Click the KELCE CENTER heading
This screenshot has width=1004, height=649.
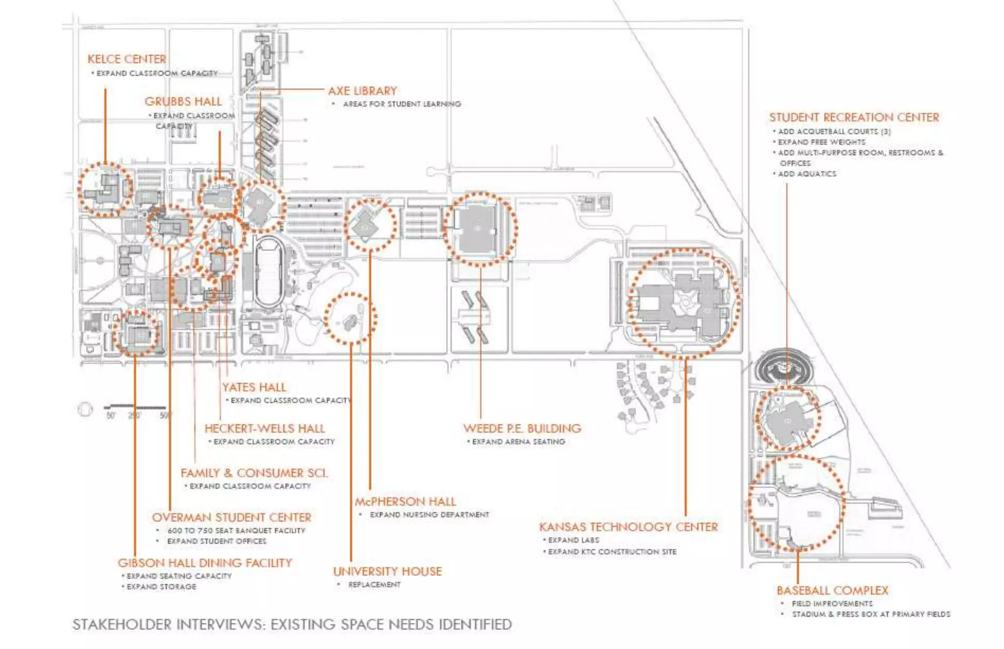coord(126,59)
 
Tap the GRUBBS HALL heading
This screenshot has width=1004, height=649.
coord(183,102)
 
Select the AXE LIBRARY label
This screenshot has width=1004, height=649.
coord(362,91)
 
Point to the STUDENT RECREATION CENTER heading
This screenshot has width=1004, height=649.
coord(853,118)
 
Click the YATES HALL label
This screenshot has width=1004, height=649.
coord(254,387)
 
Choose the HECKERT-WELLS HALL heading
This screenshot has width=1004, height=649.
coord(265,429)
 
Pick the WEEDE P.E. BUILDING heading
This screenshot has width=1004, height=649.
coord(522,429)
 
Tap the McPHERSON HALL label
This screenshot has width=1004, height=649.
coord(405,502)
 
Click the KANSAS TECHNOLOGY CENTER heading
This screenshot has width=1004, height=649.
coord(628,527)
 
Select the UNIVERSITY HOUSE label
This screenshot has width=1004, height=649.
coord(387,572)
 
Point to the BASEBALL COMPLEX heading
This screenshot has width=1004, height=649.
coord(832,591)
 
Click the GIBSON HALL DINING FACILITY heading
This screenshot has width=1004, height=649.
coord(204,563)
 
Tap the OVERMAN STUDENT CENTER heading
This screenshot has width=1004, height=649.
coord(231,518)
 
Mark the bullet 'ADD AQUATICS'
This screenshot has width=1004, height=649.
coord(807,174)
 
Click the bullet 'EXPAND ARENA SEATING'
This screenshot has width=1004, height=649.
coord(518,442)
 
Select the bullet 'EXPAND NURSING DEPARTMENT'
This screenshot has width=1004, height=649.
coord(429,515)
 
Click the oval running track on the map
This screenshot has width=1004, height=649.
coord(269,272)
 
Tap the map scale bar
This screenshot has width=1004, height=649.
coord(135,407)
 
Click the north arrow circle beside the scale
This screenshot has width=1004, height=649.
coord(85,409)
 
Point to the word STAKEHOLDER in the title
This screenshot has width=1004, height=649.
coord(122,625)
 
